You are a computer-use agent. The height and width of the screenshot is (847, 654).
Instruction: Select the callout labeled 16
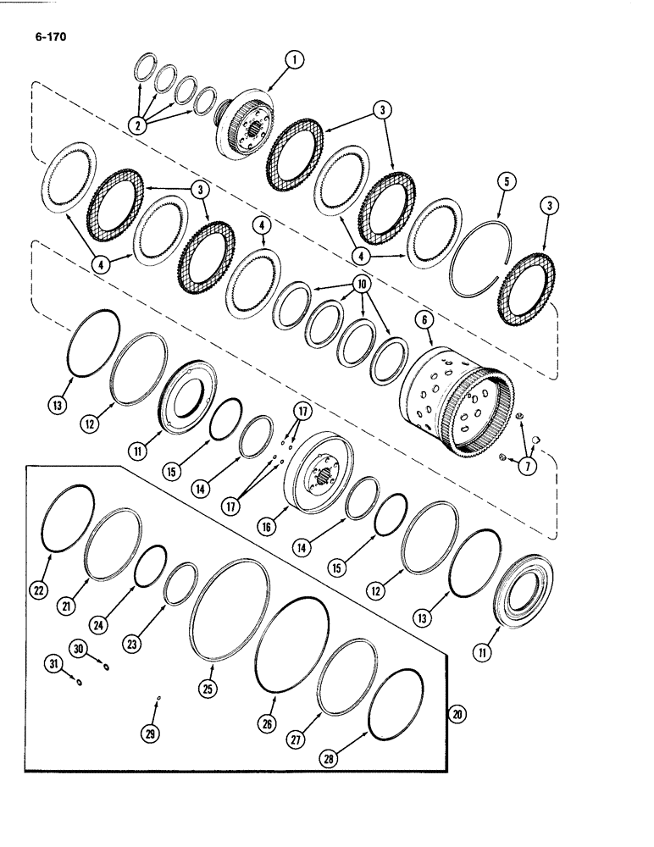click(x=267, y=527)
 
